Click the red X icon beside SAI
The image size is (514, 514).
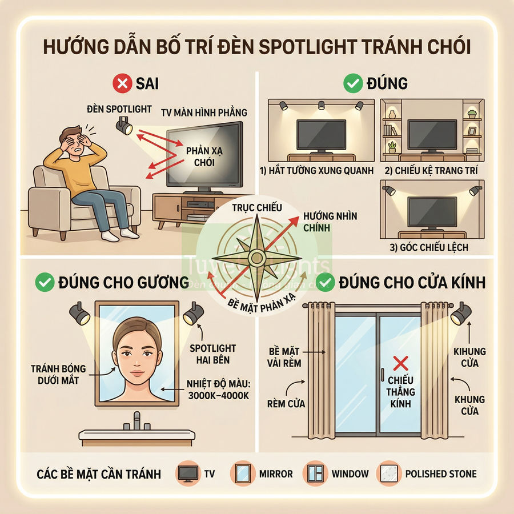click(x=122, y=85)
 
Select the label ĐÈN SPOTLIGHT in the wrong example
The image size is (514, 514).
click(x=119, y=109)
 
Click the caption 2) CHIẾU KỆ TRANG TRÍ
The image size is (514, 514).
click(x=431, y=170)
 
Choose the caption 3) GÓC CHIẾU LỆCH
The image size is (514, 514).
click(x=432, y=247)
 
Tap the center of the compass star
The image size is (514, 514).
click(x=256, y=259)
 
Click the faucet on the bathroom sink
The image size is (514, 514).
click(x=136, y=421)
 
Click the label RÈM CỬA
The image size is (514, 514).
click(x=286, y=404)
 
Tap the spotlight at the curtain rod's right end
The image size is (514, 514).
click(x=461, y=314)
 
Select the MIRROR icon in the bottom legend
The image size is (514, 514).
click(x=242, y=473)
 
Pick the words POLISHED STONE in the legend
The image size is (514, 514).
click(x=440, y=473)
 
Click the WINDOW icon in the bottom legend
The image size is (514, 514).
click(x=316, y=473)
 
